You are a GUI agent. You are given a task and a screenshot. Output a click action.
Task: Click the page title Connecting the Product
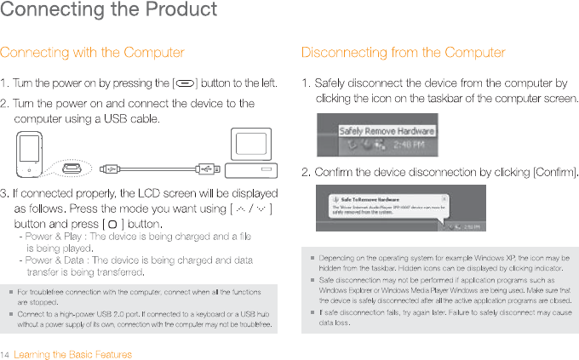[x=108, y=11]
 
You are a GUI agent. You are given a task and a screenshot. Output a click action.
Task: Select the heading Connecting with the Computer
[x=92, y=53]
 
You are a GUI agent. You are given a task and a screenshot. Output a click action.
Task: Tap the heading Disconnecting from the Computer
[x=403, y=53]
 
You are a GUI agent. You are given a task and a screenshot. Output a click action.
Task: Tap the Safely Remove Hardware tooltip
[x=387, y=131]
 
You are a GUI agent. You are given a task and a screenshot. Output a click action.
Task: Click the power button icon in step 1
[x=186, y=83]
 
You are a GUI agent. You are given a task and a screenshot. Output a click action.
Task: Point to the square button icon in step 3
[x=111, y=224]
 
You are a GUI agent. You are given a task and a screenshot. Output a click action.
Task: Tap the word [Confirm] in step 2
[x=554, y=174]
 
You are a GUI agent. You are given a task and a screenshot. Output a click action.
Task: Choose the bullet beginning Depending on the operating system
[x=443, y=256]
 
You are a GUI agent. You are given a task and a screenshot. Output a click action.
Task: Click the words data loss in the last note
[x=334, y=323]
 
